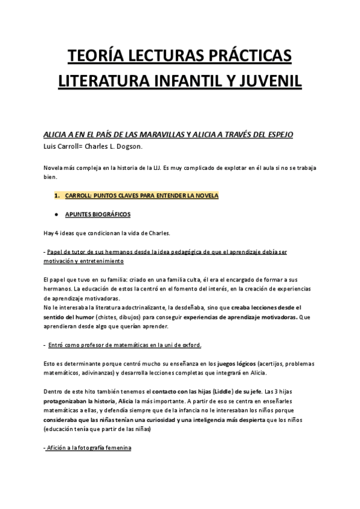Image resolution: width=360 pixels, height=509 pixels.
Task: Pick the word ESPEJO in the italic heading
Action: click(x=278, y=135)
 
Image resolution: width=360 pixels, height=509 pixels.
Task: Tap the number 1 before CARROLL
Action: click(x=57, y=196)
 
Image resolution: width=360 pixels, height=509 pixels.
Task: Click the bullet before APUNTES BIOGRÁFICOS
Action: click(x=56, y=214)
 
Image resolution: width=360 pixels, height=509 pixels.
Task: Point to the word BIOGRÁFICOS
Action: click(x=109, y=214)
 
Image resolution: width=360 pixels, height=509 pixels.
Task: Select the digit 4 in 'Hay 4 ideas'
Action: click(x=56, y=233)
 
